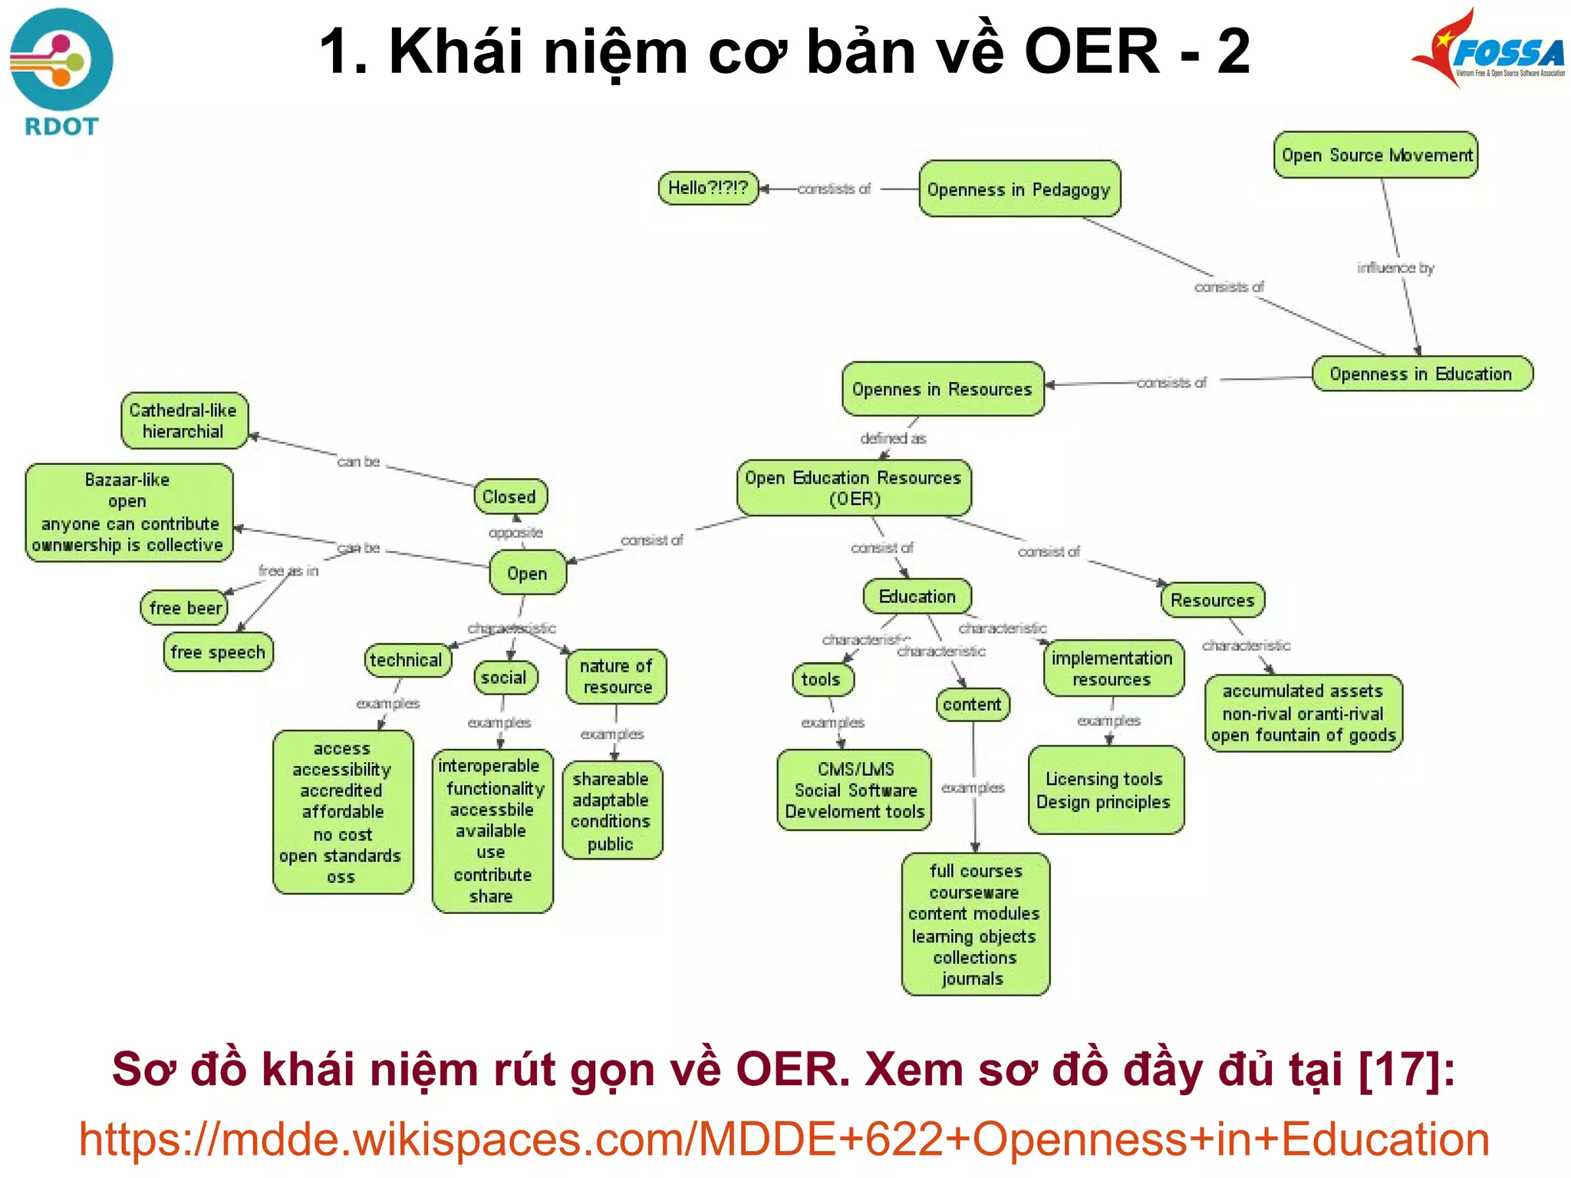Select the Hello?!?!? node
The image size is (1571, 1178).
click(707, 188)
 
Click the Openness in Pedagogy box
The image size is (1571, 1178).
click(1019, 189)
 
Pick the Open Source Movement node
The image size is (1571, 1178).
click(1375, 155)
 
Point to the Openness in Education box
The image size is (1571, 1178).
click(1421, 374)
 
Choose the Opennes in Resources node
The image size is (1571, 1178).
click(943, 389)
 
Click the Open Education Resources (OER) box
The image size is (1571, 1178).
click(854, 488)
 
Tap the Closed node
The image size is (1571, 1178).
click(510, 497)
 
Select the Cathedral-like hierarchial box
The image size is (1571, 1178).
click(184, 421)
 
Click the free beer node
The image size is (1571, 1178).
click(185, 608)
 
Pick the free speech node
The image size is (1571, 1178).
click(218, 652)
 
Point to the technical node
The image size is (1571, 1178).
click(407, 660)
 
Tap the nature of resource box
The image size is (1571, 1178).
click(616, 676)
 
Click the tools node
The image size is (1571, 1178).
click(822, 679)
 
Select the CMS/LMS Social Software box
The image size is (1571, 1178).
click(855, 790)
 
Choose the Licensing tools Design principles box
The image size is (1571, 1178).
click(1105, 790)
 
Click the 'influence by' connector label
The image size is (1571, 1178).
click(1395, 268)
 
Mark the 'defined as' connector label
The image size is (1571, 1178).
click(893, 438)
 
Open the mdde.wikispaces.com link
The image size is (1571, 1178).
click(784, 1139)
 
